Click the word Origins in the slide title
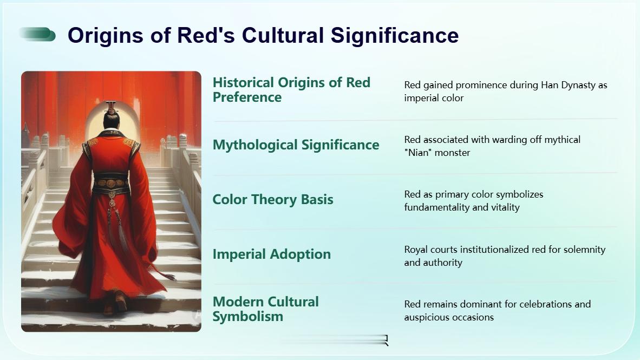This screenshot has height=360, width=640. (x=106, y=35)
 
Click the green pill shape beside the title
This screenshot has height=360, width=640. (x=37, y=35)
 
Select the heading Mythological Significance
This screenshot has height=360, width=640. (x=296, y=145)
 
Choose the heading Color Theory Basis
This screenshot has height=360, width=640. (x=273, y=200)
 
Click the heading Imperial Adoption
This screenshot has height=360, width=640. (x=272, y=254)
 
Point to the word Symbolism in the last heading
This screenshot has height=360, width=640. (x=248, y=316)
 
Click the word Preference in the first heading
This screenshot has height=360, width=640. (x=247, y=97)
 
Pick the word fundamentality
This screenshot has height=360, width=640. (x=437, y=207)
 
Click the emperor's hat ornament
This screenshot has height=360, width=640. (x=111, y=107)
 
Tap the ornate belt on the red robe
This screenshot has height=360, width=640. (x=111, y=182)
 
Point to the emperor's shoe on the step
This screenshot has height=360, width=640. (x=121, y=302)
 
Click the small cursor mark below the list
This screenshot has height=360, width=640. (x=386, y=341)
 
